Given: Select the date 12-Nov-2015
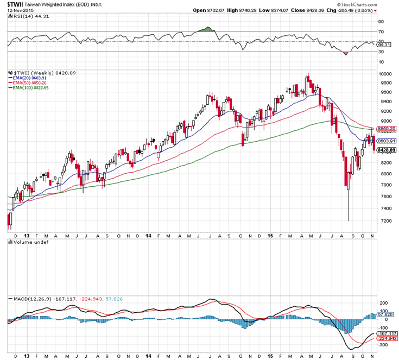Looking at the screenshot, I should (x=18, y=11).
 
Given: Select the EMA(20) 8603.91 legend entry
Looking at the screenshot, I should (x=29, y=77).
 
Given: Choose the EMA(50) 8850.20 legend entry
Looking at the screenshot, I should (x=29, y=82).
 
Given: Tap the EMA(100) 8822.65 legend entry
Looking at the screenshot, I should (x=30, y=87).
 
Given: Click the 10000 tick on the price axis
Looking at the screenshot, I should (x=385, y=74).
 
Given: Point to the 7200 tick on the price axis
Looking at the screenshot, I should (x=384, y=221).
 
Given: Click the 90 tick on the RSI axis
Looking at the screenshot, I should (x=381, y=22).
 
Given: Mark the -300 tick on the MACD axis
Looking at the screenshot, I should (x=384, y=344).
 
